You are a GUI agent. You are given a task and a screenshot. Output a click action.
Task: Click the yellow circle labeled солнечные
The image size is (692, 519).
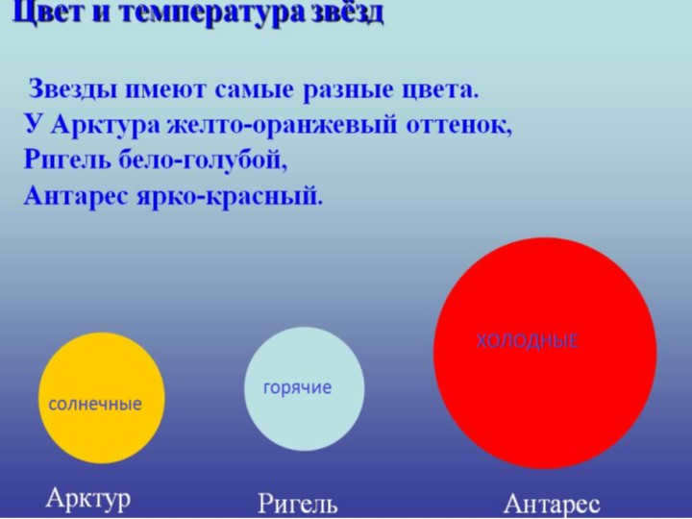click(102, 398)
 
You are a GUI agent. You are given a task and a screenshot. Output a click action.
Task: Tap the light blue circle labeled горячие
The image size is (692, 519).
click(305, 389)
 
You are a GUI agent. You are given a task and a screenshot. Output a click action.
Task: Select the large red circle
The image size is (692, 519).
click(545, 353)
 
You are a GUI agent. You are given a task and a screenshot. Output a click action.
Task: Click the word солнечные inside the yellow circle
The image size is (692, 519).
click(95, 405)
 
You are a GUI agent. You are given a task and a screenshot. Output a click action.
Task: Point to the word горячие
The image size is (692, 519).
click(297, 388)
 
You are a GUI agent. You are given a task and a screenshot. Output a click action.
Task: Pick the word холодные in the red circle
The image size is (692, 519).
click(527, 341)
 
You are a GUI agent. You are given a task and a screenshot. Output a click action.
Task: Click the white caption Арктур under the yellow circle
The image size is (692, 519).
click(88, 499)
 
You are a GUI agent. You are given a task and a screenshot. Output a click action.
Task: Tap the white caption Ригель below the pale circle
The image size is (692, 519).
click(297, 504)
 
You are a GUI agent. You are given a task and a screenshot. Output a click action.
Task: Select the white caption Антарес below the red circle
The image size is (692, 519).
click(552, 504)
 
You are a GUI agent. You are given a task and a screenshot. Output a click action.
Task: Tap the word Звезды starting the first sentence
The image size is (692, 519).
click(73, 89)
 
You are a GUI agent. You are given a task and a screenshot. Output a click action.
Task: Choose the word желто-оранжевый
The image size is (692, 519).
click(283, 126)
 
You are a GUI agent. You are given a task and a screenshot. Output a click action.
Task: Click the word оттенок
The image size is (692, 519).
click(459, 126)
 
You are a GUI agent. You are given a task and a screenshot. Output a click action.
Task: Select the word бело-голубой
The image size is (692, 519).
click(204, 161)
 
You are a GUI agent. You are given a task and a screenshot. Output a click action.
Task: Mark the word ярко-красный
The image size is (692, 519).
click(230, 196)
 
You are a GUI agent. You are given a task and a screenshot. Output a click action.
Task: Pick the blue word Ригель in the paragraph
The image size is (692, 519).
click(66, 160)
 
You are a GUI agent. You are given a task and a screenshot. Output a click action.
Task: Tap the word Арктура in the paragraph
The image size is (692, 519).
click(106, 126)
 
